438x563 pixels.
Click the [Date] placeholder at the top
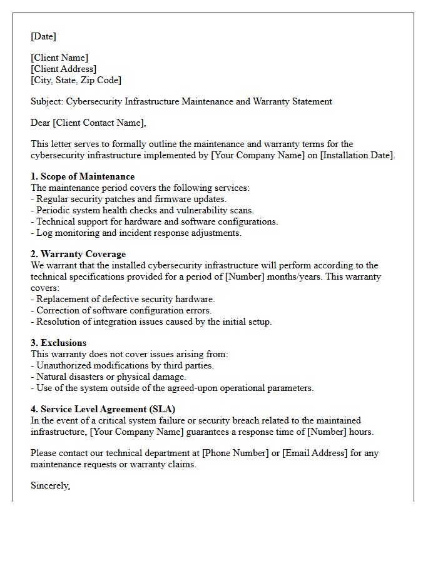(x=43, y=36)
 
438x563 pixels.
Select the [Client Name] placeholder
(x=59, y=58)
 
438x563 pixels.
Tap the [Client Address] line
(x=63, y=69)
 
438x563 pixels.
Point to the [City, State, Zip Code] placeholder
(x=76, y=80)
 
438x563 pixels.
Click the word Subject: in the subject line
(x=47, y=101)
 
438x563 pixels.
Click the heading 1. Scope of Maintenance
(x=83, y=176)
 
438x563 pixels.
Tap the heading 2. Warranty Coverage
(x=78, y=254)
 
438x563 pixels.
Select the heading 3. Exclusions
(x=59, y=343)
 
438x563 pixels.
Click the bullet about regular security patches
(x=128, y=199)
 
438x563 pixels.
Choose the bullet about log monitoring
(x=136, y=233)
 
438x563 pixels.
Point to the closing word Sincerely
(x=50, y=485)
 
